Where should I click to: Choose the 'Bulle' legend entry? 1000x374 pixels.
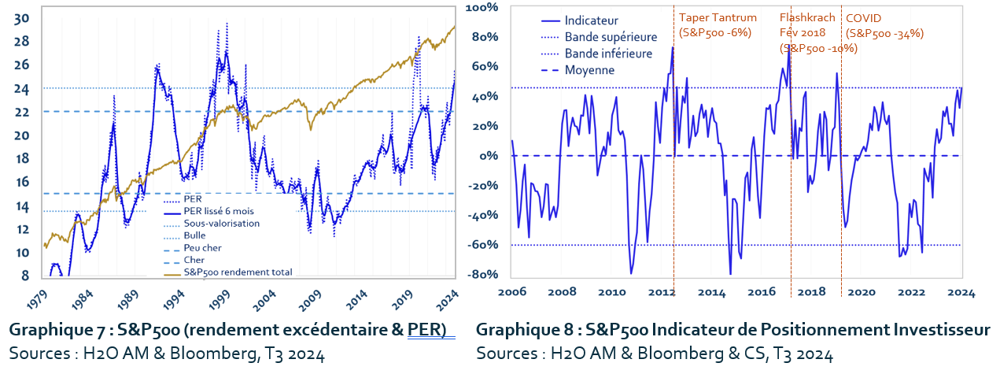coord(194,235)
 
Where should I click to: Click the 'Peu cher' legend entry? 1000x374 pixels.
coord(201,247)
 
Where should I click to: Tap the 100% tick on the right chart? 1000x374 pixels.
coord(482,8)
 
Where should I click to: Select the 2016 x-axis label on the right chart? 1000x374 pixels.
coord(762,292)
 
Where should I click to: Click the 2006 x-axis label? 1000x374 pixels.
coord(512,292)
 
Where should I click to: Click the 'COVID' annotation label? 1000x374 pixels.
coord(863,18)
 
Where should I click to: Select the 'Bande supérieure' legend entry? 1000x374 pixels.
coord(611,37)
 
